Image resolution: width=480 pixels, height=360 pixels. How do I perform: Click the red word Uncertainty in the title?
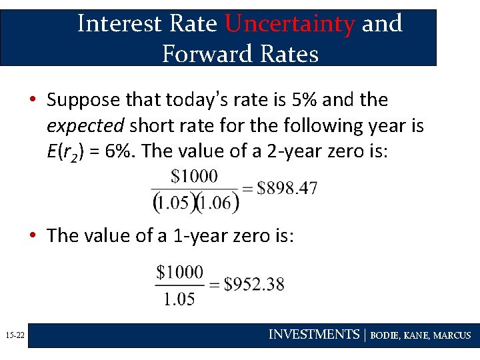pyautogui.click(x=289, y=24)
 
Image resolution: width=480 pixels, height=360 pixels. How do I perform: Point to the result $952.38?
pyautogui.click(x=254, y=285)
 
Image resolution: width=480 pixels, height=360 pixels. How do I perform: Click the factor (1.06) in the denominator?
pyautogui.click(x=217, y=201)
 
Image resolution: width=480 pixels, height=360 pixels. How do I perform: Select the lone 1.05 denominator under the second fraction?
pyautogui.click(x=179, y=299)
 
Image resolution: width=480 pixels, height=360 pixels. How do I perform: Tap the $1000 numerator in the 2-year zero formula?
pyautogui.click(x=194, y=177)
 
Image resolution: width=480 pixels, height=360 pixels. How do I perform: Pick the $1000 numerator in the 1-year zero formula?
pyautogui.click(x=180, y=272)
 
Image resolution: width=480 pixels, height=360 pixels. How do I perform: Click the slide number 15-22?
pyautogui.click(x=14, y=335)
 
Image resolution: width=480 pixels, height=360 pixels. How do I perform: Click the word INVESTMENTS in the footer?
pyautogui.click(x=313, y=335)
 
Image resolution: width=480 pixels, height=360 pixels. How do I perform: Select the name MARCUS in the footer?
pyautogui.click(x=452, y=335)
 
